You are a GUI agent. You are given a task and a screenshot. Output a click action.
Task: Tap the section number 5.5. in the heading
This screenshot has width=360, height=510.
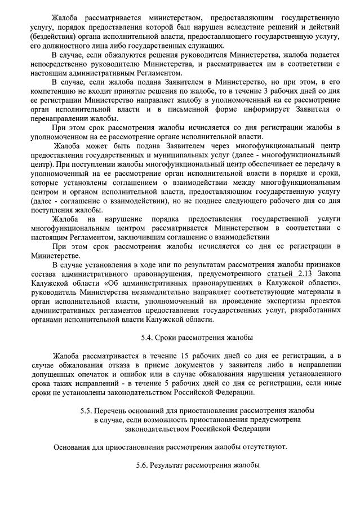click(87, 410)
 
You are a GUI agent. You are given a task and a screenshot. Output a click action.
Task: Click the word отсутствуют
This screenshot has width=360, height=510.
click(263, 447)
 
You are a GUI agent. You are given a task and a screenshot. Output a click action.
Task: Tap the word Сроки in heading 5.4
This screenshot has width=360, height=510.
click(169, 338)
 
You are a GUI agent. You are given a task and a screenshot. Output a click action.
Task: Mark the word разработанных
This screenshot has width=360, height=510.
click(313, 311)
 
